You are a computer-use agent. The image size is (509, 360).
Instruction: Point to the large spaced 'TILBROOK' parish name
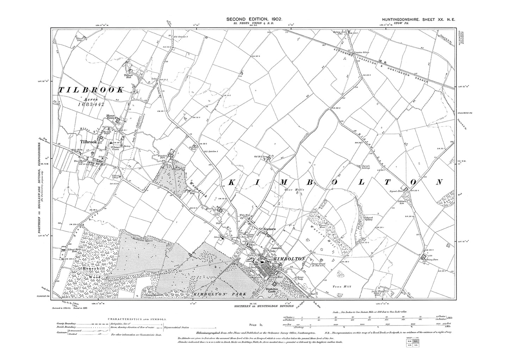(91, 90)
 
